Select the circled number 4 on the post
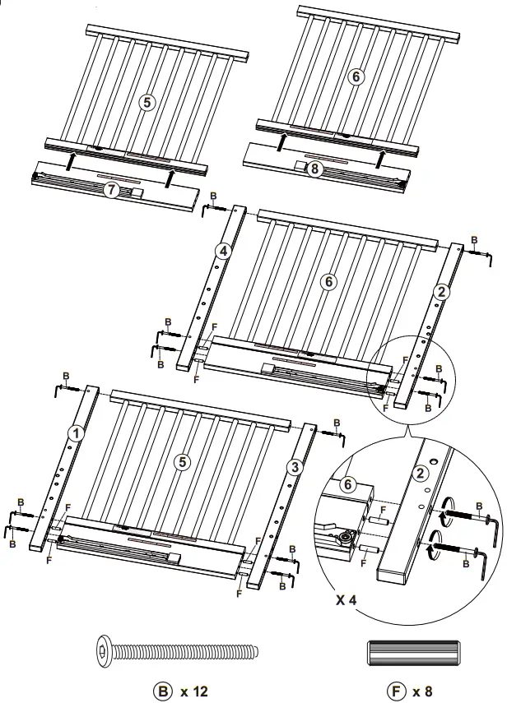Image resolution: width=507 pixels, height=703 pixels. pyautogui.click(x=221, y=249)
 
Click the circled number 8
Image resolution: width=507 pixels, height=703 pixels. pyautogui.click(x=314, y=170)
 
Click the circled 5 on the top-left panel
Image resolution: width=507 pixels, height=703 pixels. pyautogui.click(x=147, y=103)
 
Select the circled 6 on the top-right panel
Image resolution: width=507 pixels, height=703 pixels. pyautogui.click(x=356, y=76)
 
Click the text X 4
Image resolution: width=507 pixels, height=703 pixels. pyautogui.click(x=347, y=599)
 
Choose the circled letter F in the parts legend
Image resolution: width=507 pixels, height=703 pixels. pyautogui.click(x=400, y=691)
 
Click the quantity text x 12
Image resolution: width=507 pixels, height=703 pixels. pyautogui.click(x=194, y=691)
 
